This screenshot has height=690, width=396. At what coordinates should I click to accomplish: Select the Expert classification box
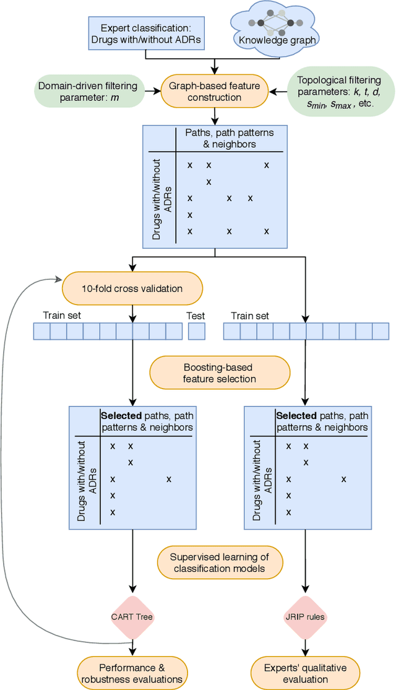tap(145, 34)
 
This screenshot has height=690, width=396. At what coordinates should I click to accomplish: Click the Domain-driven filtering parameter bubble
tap(88, 92)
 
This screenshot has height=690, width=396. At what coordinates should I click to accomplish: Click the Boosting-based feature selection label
tap(220, 373)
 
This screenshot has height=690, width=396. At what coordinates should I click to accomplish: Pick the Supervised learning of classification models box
tap(220, 563)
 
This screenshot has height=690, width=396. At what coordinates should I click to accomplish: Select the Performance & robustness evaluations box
tap(132, 673)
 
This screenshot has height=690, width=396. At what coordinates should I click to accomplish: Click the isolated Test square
tap(196, 332)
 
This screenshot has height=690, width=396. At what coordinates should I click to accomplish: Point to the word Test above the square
tap(196, 316)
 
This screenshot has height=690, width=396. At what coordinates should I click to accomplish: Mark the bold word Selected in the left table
tap(121, 416)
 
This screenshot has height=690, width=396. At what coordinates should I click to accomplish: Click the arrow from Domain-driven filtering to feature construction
tap(150, 92)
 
